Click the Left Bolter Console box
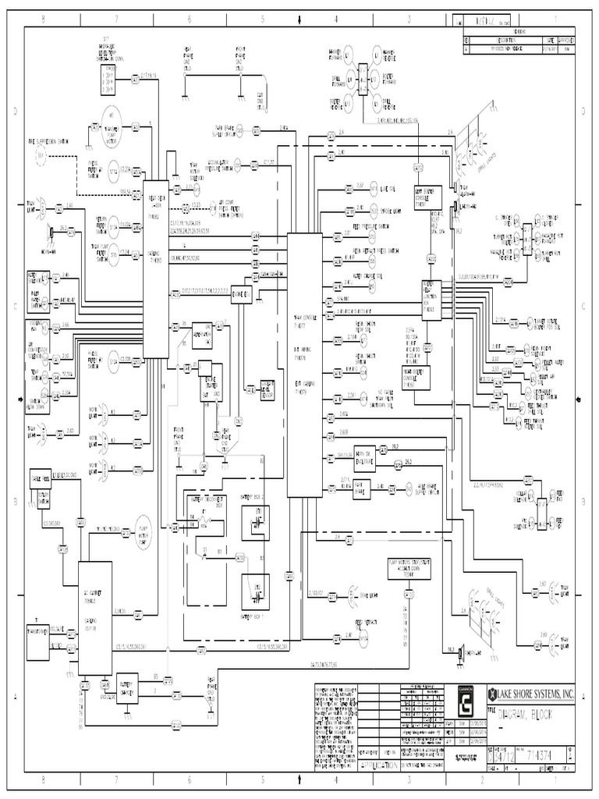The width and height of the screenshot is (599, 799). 429,196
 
